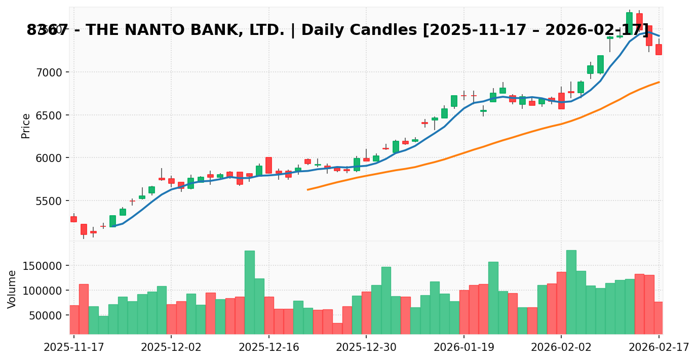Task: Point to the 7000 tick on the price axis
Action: tap(49, 72)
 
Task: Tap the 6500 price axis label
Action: tap(49, 115)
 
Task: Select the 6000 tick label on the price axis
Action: tap(49, 158)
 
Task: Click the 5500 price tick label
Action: tap(49, 201)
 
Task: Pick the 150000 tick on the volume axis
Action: tap(45, 266)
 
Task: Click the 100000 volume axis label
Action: tap(45, 291)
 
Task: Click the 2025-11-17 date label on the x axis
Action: tap(74, 348)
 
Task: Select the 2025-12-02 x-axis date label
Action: tap(171, 348)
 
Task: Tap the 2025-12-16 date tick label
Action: tap(268, 348)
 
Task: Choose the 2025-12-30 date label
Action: tap(366, 348)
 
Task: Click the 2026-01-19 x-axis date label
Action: tap(463, 348)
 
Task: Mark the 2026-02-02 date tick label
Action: tap(561, 348)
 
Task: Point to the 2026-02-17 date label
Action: tap(659, 348)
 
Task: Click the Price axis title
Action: tap(26, 126)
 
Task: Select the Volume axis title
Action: tap(12, 289)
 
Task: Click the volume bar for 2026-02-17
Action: tap(659, 318)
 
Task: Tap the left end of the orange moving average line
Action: tap(307, 190)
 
